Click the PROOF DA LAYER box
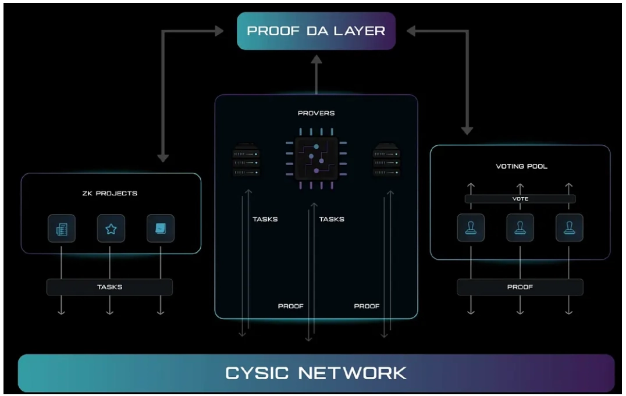pyautogui.click(x=316, y=31)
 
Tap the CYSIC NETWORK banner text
pyautogui.click(x=316, y=372)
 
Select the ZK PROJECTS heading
pyautogui.click(x=111, y=193)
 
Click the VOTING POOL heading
pyautogui.click(x=521, y=166)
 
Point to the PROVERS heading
pyautogui.click(x=316, y=113)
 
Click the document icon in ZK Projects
pyautogui.click(x=61, y=229)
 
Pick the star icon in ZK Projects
pyautogui.click(x=111, y=229)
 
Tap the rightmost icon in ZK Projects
pyautogui.click(x=161, y=229)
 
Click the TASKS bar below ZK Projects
pyautogui.click(x=109, y=287)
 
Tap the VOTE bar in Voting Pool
pyautogui.click(x=520, y=199)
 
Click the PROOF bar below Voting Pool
pyautogui.click(x=520, y=287)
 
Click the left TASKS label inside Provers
pyautogui.click(x=265, y=219)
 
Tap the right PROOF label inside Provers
pyautogui.click(x=367, y=306)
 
